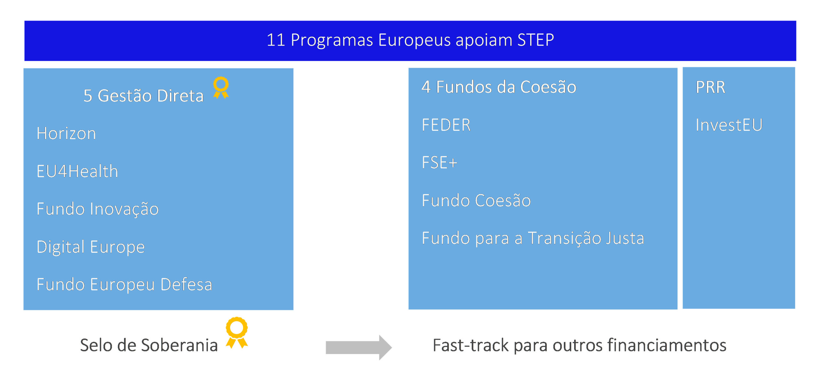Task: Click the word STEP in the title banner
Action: (x=536, y=40)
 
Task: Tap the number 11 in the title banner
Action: (x=276, y=40)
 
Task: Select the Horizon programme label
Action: (x=66, y=133)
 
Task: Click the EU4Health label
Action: (x=77, y=171)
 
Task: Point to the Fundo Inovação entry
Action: (x=98, y=209)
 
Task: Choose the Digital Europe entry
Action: (x=91, y=247)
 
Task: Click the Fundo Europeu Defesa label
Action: (x=124, y=284)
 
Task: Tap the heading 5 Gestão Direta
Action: (x=143, y=95)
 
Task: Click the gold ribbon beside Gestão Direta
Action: (x=221, y=87)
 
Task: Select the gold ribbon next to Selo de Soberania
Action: (x=237, y=332)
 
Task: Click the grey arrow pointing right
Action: (x=359, y=347)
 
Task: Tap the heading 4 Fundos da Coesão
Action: (x=499, y=87)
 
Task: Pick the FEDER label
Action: (x=446, y=125)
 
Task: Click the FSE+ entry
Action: (x=440, y=162)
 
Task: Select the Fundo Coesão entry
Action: (x=476, y=201)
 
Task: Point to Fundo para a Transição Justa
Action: (x=533, y=238)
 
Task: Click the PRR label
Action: (x=710, y=87)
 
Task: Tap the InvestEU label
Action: (x=729, y=125)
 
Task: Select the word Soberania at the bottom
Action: (x=179, y=345)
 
